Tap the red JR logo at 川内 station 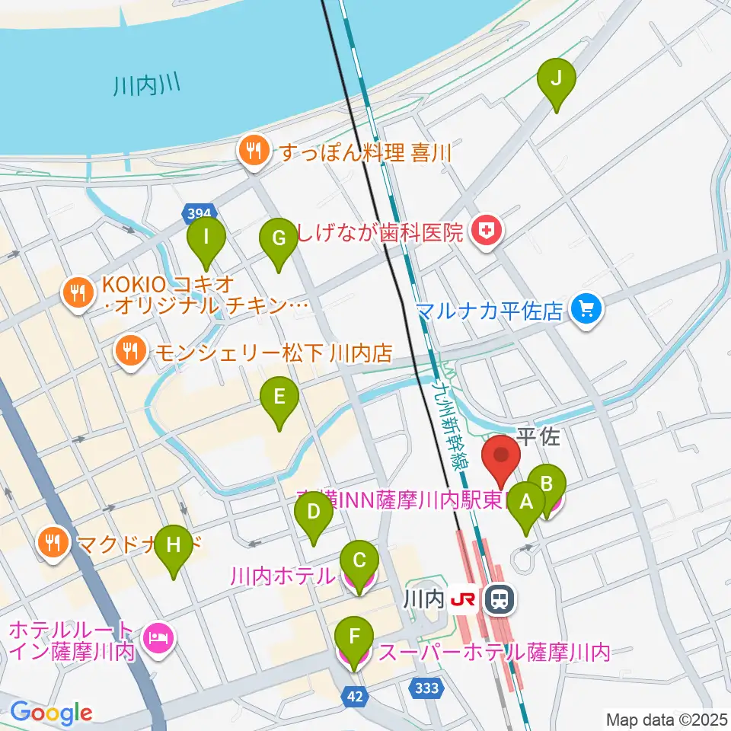click(x=466, y=600)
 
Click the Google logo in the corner click(x=51, y=713)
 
